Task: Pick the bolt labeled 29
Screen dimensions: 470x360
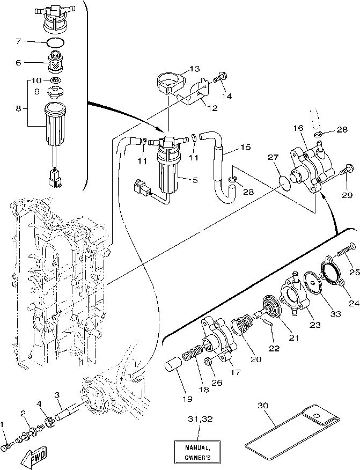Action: click(344, 172)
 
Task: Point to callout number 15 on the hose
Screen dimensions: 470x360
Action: click(245, 146)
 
